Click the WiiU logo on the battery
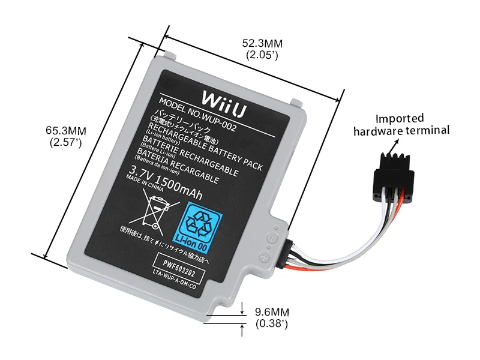[220, 98]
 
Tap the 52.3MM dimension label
[262, 44]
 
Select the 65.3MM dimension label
[67, 131]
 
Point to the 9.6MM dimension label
[272, 312]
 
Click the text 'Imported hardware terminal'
[401, 124]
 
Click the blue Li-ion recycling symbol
[203, 224]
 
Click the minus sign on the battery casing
[271, 236]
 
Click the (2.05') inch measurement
[262, 55]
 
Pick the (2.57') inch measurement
[67, 143]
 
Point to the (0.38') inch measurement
[272, 324]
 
